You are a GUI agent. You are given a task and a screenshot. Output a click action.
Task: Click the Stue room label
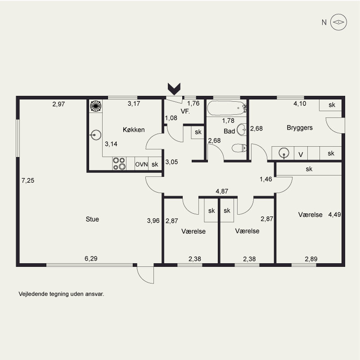(92, 219)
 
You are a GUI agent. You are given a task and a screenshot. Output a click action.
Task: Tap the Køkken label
(134, 130)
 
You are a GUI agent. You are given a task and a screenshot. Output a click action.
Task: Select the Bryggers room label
(300, 128)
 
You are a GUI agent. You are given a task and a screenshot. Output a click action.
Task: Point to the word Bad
(229, 131)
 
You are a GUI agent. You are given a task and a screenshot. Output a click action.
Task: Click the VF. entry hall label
(185, 111)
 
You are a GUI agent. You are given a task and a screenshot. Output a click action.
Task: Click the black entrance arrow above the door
(174, 89)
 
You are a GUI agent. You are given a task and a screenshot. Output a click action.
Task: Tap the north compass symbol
(338, 22)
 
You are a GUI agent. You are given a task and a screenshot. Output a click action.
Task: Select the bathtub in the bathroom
(227, 108)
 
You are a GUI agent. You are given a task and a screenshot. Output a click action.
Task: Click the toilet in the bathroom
(239, 148)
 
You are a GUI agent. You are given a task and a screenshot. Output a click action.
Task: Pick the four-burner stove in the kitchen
(119, 163)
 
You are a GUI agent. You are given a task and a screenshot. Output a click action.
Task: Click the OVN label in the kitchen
(141, 164)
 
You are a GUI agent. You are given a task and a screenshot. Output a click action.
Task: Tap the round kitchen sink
(95, 135)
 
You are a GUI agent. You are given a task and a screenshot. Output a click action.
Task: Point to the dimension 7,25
(28, 180)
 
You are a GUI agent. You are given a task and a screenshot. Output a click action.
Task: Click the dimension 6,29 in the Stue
(91, 258)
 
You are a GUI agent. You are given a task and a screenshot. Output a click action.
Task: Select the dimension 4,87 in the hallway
(222, 191)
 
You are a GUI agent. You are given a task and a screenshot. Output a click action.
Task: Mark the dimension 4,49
(334, 215)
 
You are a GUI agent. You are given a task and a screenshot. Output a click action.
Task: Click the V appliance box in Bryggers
(301, 153)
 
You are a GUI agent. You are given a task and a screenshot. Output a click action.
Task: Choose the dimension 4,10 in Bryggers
(300, 103)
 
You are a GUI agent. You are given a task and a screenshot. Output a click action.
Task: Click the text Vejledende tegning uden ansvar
(61, 294)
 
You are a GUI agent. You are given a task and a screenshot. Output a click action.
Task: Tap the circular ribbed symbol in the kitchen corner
(96, 106)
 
